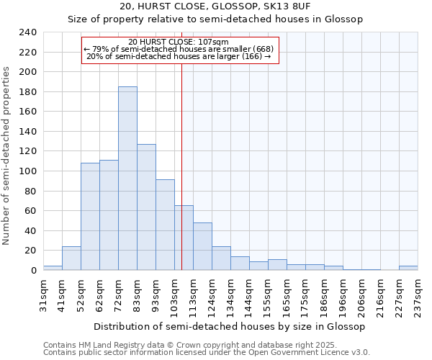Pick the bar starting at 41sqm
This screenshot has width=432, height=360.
tap(71, 258)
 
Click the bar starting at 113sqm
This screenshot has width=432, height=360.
tap(202, 246)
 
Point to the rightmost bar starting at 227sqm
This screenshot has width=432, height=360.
tap(408, 268)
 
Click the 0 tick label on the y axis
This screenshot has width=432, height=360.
tap(33, 271)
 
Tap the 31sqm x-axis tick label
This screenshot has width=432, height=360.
tap(43, 294)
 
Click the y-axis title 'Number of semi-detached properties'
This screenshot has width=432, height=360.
tap(7, 156)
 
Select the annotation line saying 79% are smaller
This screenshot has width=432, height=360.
tap(178, 49)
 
